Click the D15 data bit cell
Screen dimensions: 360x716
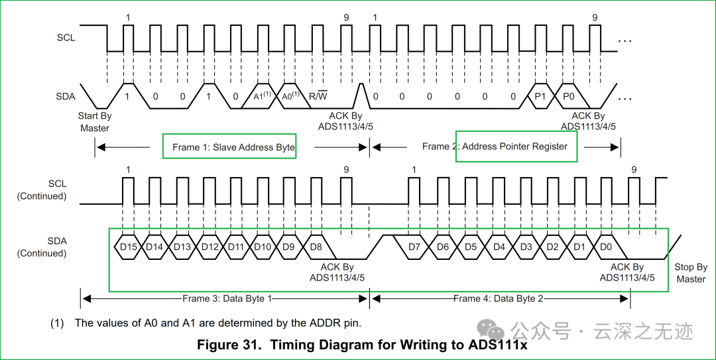pos(128,247)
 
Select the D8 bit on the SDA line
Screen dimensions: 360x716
pos(316,247)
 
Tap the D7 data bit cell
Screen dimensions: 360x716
pos(414,247)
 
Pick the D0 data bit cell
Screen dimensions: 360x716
pos(606,247)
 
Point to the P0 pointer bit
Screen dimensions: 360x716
pos(568,96)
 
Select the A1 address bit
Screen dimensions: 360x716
pos(263,96)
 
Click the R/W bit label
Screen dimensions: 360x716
pos(318,97)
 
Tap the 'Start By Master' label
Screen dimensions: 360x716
pos(95,122)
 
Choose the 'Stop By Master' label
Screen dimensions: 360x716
pos(691,273)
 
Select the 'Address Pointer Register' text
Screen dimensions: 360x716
pos(514,147)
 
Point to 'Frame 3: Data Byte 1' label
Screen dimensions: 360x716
pos(227,298)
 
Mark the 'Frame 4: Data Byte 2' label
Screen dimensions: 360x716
pos(499,298)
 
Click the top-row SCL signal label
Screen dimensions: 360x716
pos(66,38)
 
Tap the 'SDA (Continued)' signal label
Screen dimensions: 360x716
pos(42,247)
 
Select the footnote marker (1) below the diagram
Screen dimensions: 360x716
pos(57,323)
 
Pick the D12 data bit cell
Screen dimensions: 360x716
pos(209,247)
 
